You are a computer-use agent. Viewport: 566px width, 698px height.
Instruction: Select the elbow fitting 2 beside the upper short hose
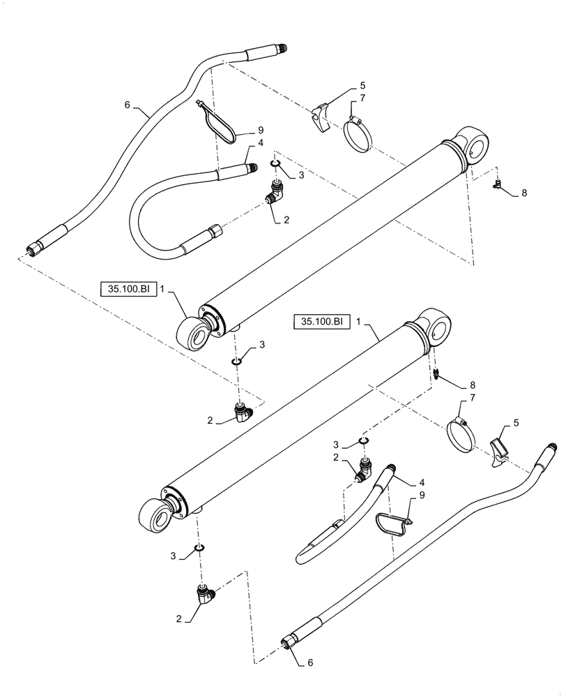[275, 195]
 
